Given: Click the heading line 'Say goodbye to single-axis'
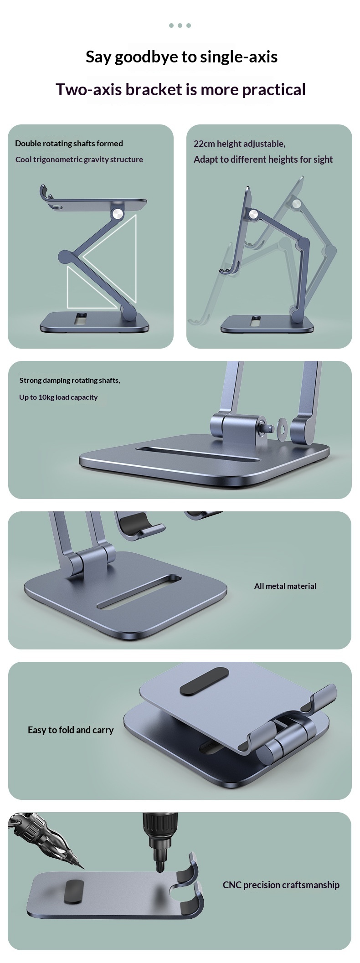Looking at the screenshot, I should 181,57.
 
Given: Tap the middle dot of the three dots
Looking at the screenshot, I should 180,26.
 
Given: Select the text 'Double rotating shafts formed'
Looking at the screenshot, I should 69,144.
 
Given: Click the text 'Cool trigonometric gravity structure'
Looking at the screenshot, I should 79,160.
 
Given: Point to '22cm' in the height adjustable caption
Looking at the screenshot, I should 204,144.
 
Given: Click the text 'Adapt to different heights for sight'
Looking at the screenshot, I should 263,160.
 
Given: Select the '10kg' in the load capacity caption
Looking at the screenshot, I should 46,397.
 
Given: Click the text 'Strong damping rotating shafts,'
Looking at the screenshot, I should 70,381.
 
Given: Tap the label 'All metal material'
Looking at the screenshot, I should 285,586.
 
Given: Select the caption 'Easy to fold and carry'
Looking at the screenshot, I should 71,730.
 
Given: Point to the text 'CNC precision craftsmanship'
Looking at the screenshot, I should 281,885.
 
